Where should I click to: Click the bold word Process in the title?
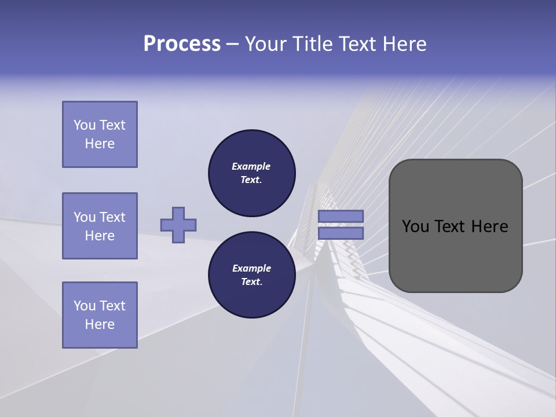point(182,44)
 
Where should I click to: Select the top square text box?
point(100,134)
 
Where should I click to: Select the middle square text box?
point(100,226)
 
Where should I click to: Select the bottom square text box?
point(100,315)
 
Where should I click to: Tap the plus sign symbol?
point(178,225)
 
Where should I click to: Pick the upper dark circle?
point(251,173)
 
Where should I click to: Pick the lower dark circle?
point(251,275)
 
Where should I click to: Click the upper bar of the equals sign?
point(341,216)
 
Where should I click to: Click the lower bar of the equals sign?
point(341,233)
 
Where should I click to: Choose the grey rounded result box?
point(455,226)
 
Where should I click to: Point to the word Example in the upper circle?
point(251,166)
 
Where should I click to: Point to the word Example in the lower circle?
point(251,268)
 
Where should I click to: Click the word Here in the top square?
point(100,144)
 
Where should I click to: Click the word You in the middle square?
point(85,217)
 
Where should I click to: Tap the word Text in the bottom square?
point(112,306)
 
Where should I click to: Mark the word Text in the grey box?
point(455,226)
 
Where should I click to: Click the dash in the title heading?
point(232,44)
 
